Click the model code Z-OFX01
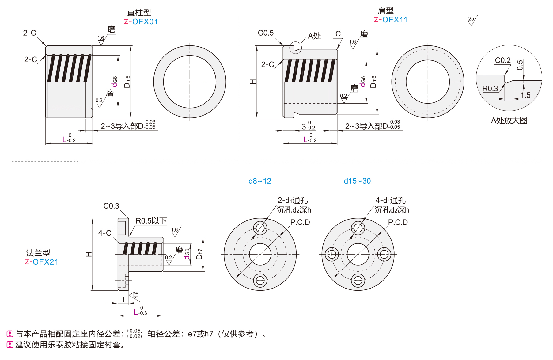(x=141, y=22)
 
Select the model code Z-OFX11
(x=391, y=20)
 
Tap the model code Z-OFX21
(x=41, y=262)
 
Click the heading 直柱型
(x=139, y=13)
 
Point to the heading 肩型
(x=385, y=11)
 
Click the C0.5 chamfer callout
(x=266, y=33)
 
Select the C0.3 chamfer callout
(x=111, y=206)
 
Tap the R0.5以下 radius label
(x=151, y=221)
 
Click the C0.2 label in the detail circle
(x=503, y=60)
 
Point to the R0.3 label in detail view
(x=490, y=89)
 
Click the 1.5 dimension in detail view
(x=525, y=95)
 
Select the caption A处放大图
(x=509, y=120)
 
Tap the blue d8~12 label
(x=260, y=181)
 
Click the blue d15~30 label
(x=357, y=181)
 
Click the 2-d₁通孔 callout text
(x=293, y=201)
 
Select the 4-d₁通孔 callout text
(x=390, y=201)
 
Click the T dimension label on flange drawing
(x=123, y=299)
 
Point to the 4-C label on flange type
(x=104, y=233)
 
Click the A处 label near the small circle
(x=314, y=36)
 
